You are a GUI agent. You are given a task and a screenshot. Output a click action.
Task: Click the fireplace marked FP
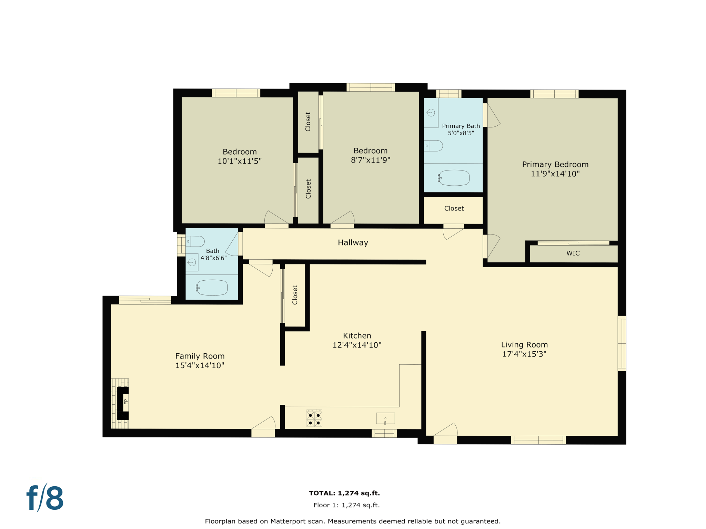click(x=123, y=403)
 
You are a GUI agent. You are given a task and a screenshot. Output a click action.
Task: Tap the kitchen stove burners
click(x=314, y=418)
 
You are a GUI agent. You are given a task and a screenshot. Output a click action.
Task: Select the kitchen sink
click(x=385, y=418)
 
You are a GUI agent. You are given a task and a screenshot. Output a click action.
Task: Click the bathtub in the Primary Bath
click(x=454, y=178)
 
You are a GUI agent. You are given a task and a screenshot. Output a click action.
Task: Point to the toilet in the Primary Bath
click(x=433, y=146)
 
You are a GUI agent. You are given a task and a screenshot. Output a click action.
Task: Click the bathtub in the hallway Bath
click(x=212, y=288)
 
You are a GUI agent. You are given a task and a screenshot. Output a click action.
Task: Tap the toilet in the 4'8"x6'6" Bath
click(x=195, y=241)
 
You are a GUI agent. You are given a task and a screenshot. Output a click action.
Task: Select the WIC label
click(x=573, y=253)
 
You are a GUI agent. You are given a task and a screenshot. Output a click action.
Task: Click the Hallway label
click(x=353, y=242)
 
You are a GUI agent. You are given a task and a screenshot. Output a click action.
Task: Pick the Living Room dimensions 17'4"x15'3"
click(x=524, y=354)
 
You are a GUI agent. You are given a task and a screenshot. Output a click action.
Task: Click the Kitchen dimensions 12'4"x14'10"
click(x=357, y=345)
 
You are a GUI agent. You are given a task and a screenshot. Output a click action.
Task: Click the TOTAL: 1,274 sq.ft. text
click(x=344, y=493)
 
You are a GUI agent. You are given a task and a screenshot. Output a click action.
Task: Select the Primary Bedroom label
click(x=555, y=165)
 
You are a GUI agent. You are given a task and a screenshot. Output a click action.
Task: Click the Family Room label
click(x=200, y=356)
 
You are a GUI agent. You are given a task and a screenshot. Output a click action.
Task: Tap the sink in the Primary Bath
click(x=431, y=113)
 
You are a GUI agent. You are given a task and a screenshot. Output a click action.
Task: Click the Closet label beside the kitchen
click(x=295, y=295)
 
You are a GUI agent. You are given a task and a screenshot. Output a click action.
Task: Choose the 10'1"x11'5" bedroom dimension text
click(x=240, y=161)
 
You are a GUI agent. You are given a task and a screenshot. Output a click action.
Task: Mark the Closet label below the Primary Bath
click(x=454, y=208)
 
